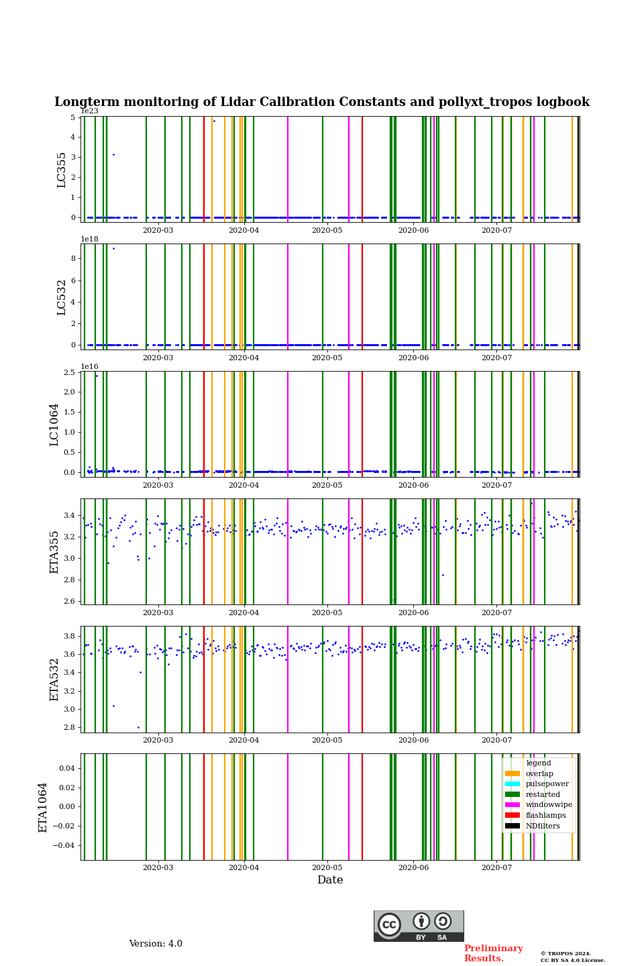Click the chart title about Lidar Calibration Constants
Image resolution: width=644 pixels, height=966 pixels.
pyautogui.click(x=322, y=102)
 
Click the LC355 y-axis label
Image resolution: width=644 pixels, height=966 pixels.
pyautogui.click(x=62, y=170)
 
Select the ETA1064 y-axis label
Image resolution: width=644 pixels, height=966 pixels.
pyautogui.click(x=43, y=807)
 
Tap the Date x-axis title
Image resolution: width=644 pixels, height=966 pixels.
pyautogui.click(x=330, y=880)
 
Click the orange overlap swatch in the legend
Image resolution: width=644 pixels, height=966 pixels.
pyautogui.click(x=513, y=773)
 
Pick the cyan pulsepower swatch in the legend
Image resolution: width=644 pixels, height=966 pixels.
pyautogui.click(x=513, y=784)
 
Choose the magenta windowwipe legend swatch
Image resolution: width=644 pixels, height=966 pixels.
pyautogui.click(x=513, y=805)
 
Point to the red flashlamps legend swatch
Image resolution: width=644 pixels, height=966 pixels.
pyautogui.click(x=513, y=815)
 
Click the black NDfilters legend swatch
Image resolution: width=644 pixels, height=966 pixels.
pyautogui.click(x=513, y=826)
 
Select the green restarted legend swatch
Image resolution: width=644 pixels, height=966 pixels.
pyautogui.click(x=513, y=794)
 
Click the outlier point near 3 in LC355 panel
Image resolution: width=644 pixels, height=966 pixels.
pyautogui.click(x=113, y=155)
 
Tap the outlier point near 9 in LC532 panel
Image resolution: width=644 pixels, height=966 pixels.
pyautogui.click(x=113, y=249)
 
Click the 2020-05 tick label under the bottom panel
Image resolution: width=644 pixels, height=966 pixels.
pyautogui.click(x=327, y=867)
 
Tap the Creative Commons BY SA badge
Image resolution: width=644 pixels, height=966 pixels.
pyautogui.click(x=419, y=926)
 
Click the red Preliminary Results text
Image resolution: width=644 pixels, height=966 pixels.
pyautogui.click(x=493, y=953)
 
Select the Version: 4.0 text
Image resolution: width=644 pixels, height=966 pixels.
pyautogui.click(x=156, y=944)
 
